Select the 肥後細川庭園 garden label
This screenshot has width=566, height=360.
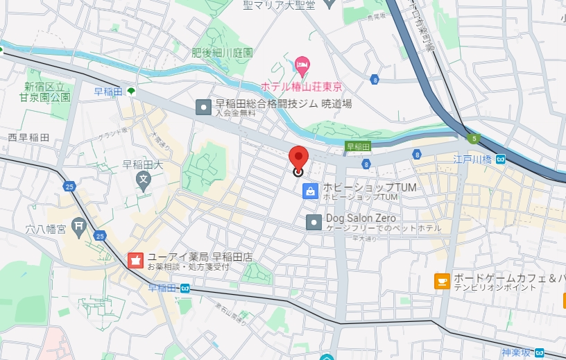click(x=222, y=53)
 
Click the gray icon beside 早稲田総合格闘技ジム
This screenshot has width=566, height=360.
click(x=203, y=107)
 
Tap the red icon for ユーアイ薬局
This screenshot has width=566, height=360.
click(x=136, y=260)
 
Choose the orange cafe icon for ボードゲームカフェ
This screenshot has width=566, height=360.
click(x=441, y=281)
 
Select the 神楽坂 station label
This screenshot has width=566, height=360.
click(x=517, y=352)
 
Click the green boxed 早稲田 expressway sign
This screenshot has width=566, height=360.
click(x=358, y=146)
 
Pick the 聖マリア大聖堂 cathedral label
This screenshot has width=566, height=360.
click(x=279, y=6)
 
